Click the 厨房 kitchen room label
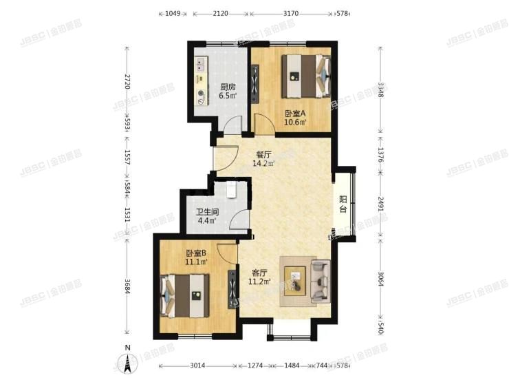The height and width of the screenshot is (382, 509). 228,87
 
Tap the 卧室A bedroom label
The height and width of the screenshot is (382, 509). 295,113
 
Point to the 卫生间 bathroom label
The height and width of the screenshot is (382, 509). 207,212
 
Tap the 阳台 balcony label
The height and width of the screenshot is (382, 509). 343,204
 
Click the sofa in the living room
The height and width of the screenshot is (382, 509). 321,281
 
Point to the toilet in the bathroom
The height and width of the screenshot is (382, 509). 231,189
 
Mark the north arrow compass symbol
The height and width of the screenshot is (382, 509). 127,361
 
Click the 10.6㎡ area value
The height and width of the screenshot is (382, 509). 295,123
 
